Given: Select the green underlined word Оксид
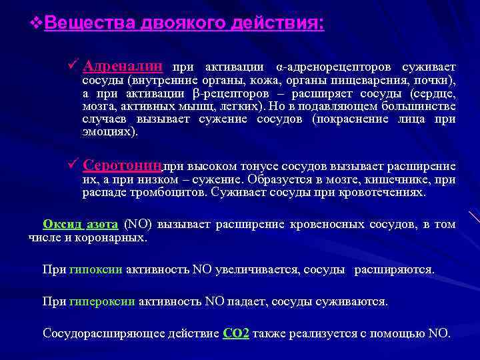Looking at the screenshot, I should tap(62, 224).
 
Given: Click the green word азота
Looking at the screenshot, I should tap(103, 224).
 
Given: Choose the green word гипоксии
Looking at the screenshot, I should tap(95, 270).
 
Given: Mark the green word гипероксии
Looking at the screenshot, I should tap(102, 301).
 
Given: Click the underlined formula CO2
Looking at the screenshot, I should tap(236, 333).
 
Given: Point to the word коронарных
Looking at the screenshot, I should tap(119, 237).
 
